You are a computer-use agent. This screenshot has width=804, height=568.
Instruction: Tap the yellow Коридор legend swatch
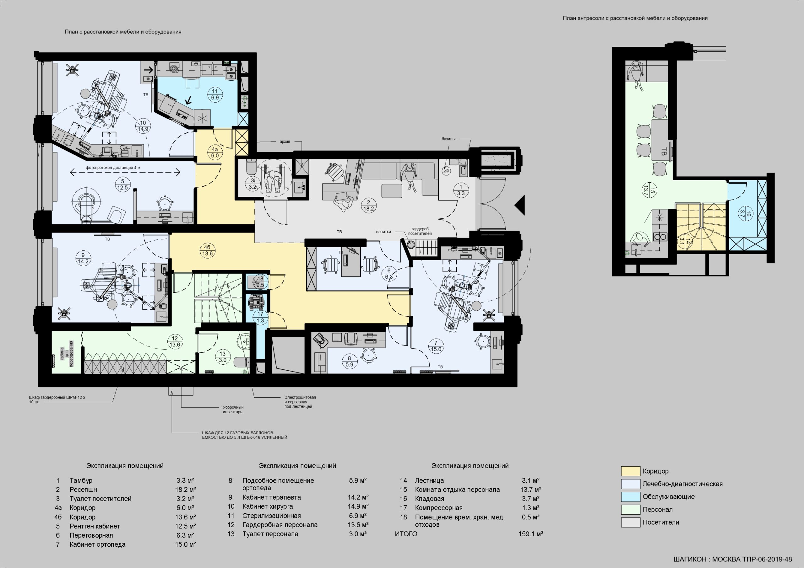point(630,471)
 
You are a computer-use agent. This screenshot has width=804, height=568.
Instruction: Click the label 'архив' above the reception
point(285,142)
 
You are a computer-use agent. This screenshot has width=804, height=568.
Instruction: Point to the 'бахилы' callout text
point(448,139)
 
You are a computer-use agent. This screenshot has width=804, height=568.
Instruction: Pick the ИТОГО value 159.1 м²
point(530,534)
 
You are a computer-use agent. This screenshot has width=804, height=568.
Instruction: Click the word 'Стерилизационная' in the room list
point(271,516)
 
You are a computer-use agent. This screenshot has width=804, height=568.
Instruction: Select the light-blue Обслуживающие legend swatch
point(630,496)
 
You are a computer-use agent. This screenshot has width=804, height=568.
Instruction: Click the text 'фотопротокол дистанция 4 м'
point(113,168)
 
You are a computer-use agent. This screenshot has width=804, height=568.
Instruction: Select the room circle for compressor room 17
point(260,317)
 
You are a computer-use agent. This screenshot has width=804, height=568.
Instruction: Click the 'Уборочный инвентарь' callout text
point(233,410)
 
